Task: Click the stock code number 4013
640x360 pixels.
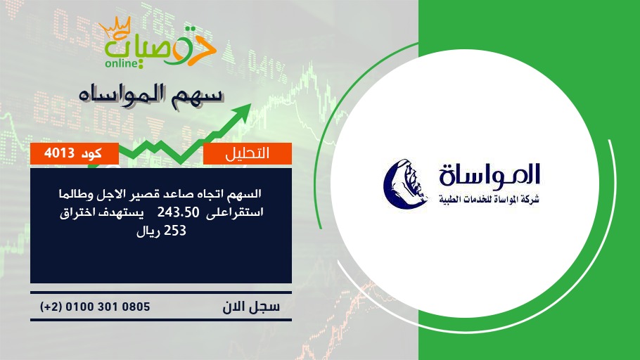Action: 59,153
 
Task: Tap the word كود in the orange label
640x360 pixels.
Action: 91,153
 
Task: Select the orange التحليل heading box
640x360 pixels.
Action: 248,153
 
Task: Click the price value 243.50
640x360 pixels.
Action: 179,212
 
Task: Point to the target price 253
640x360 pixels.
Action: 174,231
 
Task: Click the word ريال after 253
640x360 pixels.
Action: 148,231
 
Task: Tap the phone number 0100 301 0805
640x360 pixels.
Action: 108,307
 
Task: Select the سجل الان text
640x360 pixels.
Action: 251,307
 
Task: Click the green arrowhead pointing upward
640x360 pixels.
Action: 243,111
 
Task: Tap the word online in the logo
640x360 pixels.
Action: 122,63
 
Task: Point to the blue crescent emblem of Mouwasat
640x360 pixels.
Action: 405,184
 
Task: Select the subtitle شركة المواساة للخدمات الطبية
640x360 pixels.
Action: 489,199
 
